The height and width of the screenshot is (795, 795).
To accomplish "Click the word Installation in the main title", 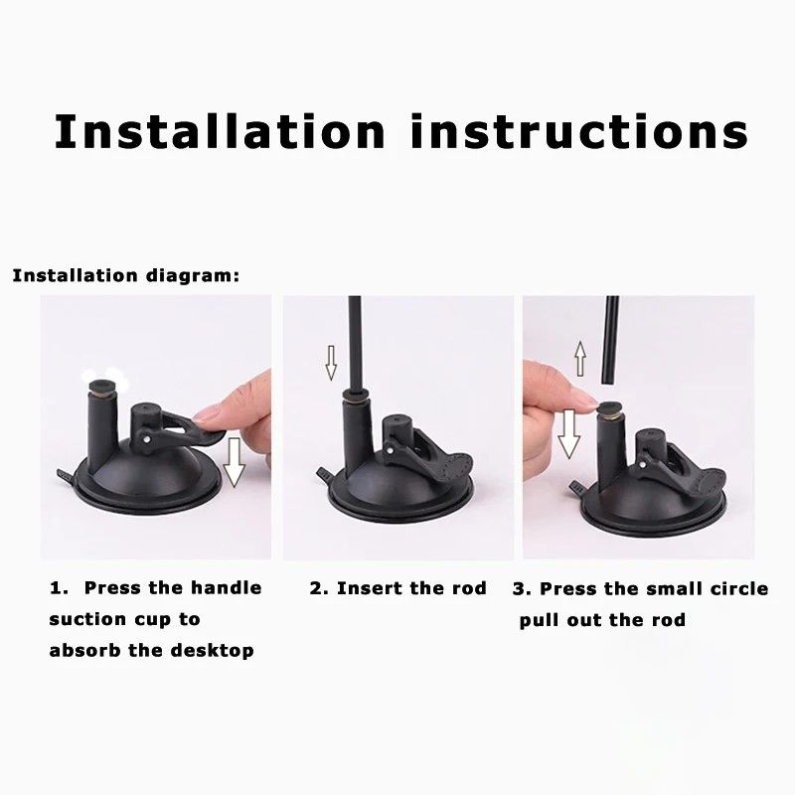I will (x=221, y=131).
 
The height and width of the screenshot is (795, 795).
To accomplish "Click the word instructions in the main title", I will (x=578, y=131).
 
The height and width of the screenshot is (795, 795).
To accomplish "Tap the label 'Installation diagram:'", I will (x=125, y=275).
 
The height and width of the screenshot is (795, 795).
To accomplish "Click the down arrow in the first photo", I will (x=234, y=463).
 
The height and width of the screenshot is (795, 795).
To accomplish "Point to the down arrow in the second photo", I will (x=331, y=362).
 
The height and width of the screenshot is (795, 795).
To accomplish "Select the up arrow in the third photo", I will (x=578, y=357).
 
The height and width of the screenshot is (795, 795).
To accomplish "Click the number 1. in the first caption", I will (x=60, y=587).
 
